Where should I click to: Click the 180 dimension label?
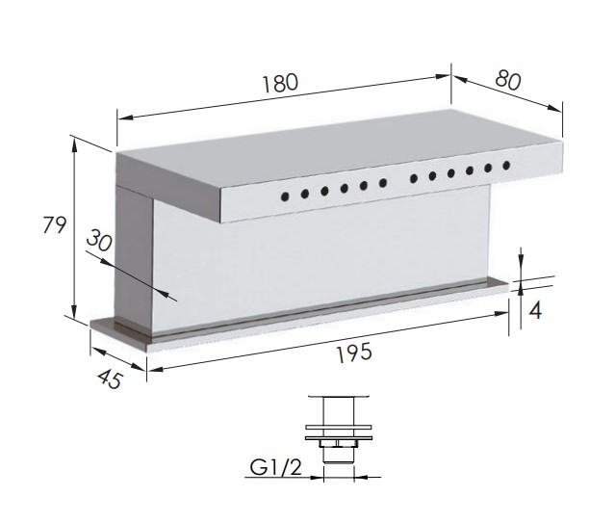(280, 83)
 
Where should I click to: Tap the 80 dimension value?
(508, 81)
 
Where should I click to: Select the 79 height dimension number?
(55, 224)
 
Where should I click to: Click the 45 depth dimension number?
(110, 379)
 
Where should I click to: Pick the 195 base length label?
(354, 353)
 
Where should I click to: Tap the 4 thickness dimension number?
(535, 311)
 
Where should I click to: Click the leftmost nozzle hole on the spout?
(285, 196)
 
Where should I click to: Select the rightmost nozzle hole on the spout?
(506, 165)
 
